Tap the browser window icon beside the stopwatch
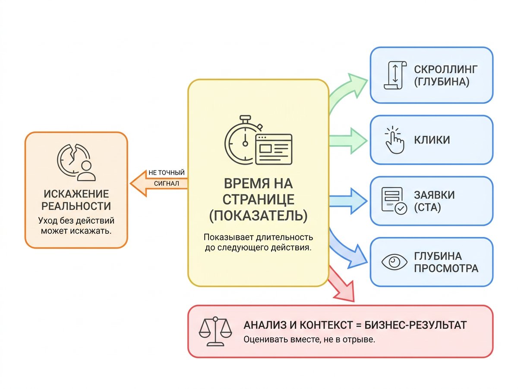coord(274,149)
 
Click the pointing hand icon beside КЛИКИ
coord(395,140)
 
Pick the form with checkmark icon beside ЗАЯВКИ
coord(394,201)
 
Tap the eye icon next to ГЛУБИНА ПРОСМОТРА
coord(394,262)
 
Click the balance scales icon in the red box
coord(215,332)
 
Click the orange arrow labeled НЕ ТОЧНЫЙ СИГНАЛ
coord(159,183)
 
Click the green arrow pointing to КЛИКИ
coord(348,141)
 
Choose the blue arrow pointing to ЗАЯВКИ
coord(348,201)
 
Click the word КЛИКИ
coord(432,140)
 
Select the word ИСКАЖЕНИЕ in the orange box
coord(76,194)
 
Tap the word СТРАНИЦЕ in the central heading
coord(259,199)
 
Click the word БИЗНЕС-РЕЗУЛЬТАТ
coord(416,325)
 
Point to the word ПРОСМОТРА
coord(446,268)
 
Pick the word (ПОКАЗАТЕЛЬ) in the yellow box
coord(259,215)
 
